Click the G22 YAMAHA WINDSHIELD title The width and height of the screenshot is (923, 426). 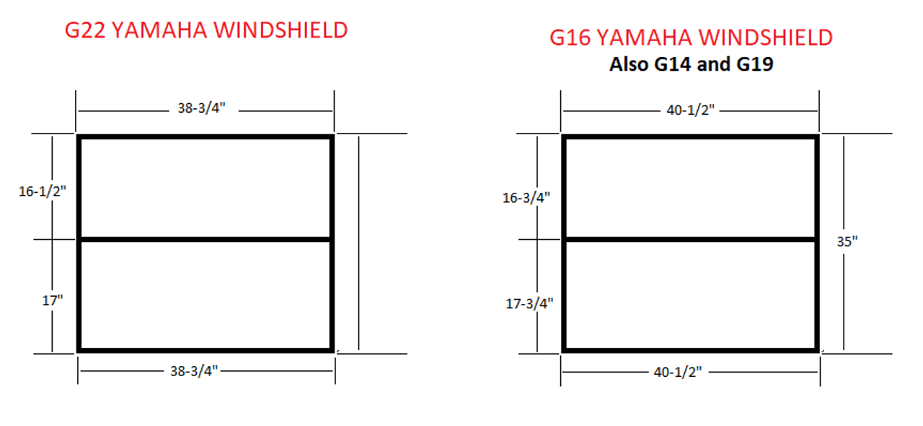point(206,30)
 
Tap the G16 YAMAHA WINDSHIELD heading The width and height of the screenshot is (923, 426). point(691,37)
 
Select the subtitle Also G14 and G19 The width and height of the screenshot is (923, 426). point(691,64)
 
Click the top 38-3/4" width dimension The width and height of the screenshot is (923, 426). point(201,108)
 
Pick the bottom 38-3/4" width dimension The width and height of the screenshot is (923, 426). point(194,371)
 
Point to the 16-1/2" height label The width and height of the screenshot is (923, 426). point(42,191)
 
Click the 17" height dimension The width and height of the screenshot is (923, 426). point(53,300)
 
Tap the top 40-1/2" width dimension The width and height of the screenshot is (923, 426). point(690,110)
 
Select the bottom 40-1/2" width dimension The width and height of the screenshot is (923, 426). point(677,373)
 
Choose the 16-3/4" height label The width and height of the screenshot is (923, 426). point(526,198)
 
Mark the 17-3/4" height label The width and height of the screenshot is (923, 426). point(529,304)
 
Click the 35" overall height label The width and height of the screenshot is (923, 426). point(847,241)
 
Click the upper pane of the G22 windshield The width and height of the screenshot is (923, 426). point(206,188)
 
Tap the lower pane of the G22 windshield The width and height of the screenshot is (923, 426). point(206,295)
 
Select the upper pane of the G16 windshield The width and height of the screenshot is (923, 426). point(691,188)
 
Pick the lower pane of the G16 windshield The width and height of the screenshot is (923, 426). point(691,295)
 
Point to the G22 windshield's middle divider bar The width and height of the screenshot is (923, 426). point(206,240)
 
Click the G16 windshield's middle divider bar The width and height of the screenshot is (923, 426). point(691,240)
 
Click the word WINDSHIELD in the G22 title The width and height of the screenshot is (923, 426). point(281,30)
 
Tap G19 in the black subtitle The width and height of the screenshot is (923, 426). point(755,64)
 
